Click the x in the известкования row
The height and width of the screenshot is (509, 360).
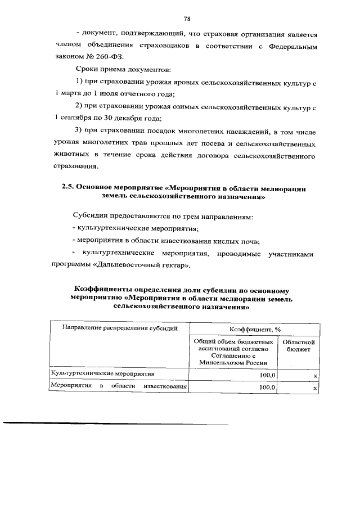click(315, 388)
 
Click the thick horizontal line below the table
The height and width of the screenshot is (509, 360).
click(115, 423)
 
